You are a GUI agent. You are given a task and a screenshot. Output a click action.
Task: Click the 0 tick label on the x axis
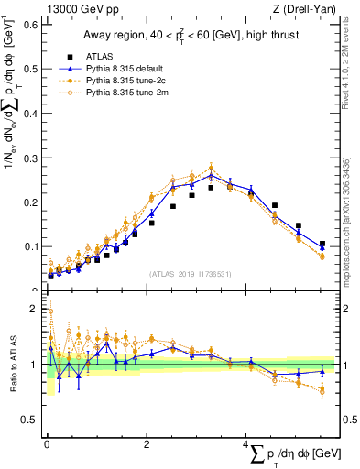pos(47,445)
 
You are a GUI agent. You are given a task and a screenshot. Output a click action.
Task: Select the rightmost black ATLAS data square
pos(322,244)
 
